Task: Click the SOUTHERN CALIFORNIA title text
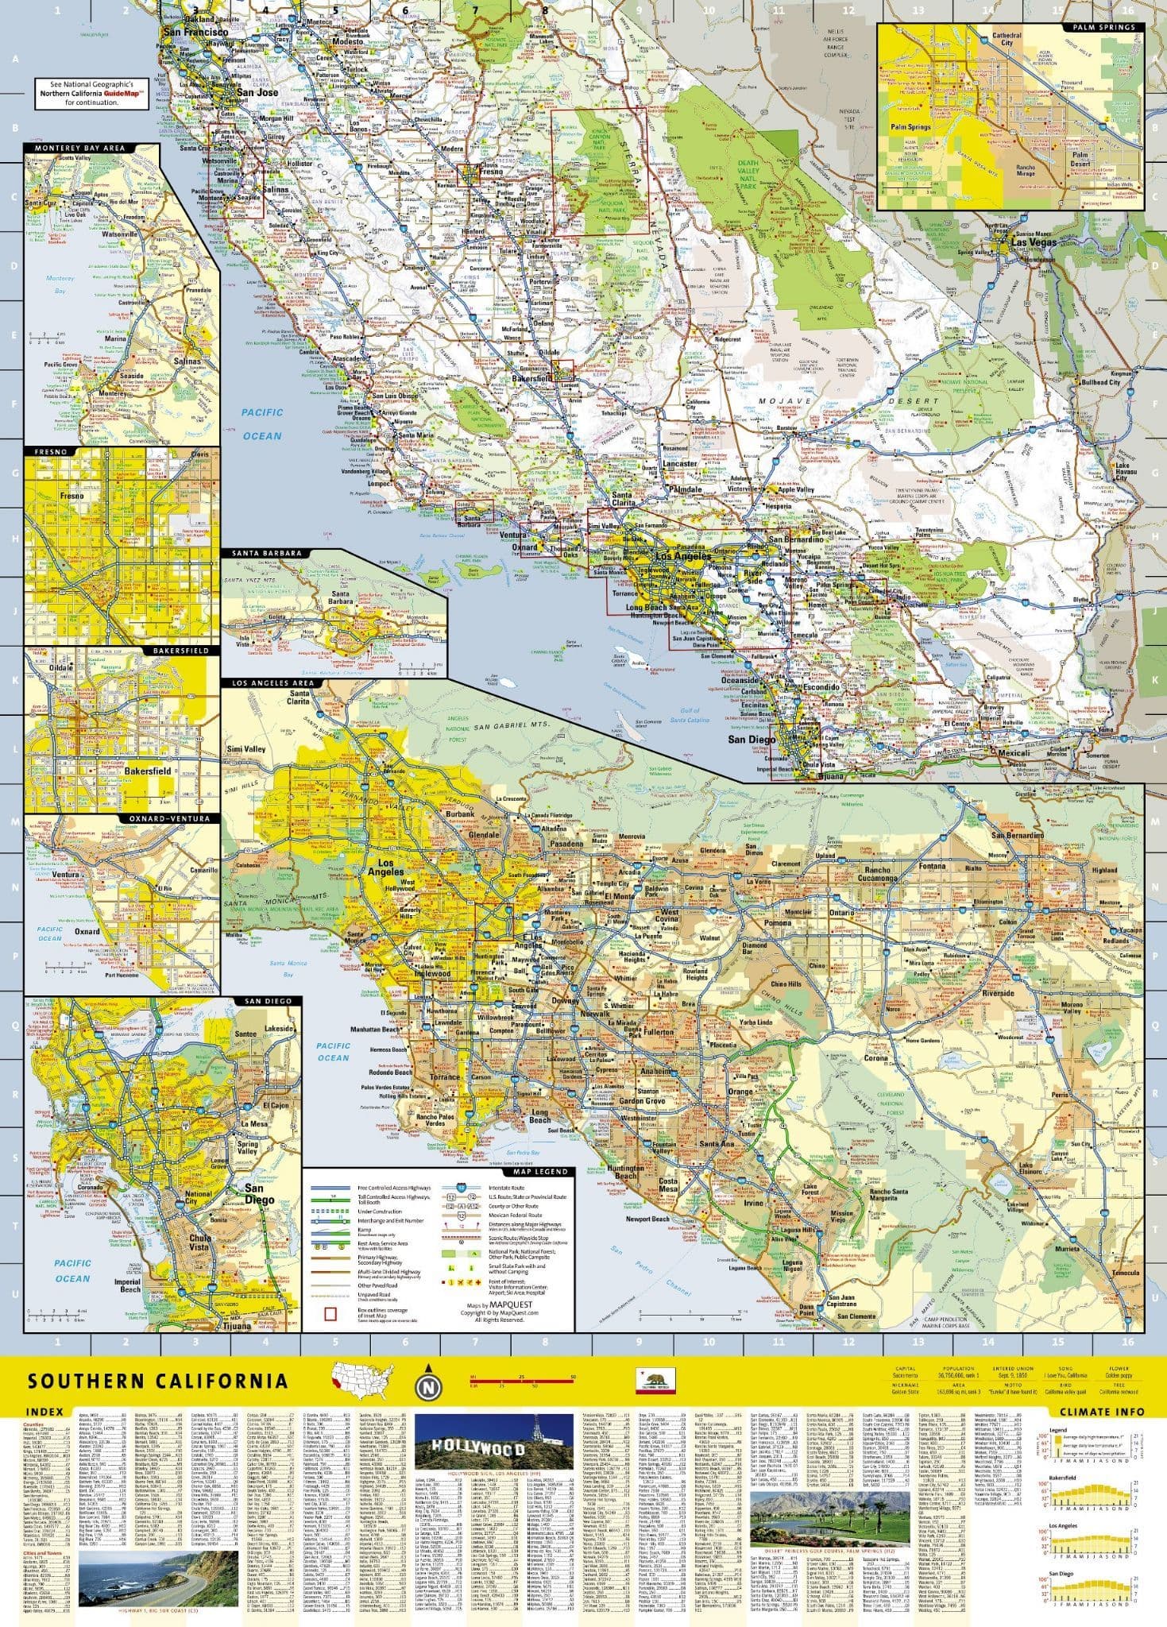coord(157,1380)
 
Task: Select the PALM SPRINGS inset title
coord(1103,27)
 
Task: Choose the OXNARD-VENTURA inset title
coord(180,818)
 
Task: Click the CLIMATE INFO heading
coord(1101,1411)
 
